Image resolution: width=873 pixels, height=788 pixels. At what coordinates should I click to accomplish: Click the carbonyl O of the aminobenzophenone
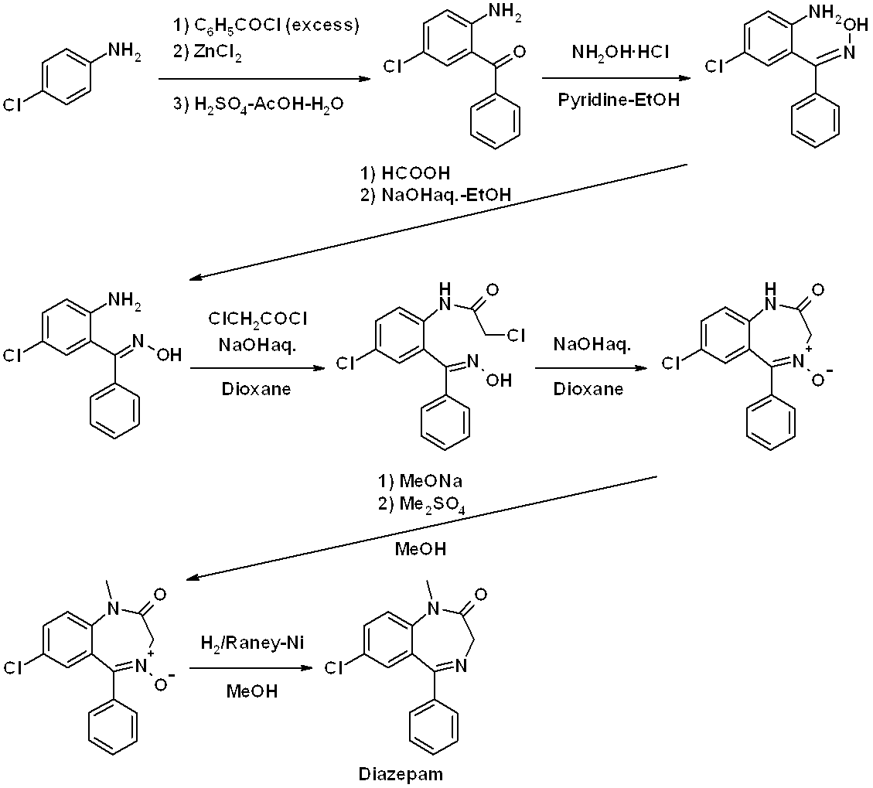point(519,53)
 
